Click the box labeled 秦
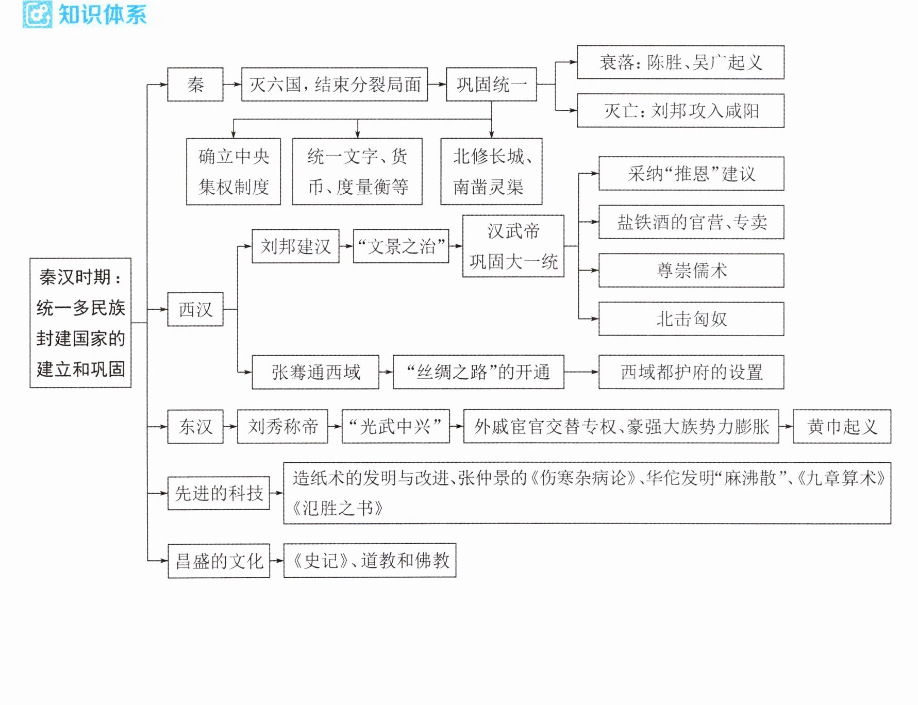(x=195, y=84)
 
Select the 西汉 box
(x=195, y=309)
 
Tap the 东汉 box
(x=195, y=426)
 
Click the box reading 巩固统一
(x=491, y=84)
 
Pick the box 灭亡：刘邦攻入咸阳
(x=680, y=110)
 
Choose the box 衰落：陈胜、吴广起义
(x=680, y=62)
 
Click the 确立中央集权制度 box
(x=233, y=172)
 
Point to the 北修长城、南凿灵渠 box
(x=491, y=172)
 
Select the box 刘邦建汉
(x=295, y=246)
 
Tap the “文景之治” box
(x=401, y=246)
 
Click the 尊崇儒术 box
(x=691, y=270)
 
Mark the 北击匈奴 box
(x=691, y=319)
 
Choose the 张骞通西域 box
(x=315, y=372)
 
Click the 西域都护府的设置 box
(x=691, y=372)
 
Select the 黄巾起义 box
(x=842, y=426)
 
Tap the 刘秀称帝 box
(x=282, y=426)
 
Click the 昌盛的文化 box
(x=219, y=561)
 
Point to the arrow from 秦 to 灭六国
(x=232, y=85)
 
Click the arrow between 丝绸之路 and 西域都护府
(x=581, y=372)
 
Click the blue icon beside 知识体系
(x=37, y=14)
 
